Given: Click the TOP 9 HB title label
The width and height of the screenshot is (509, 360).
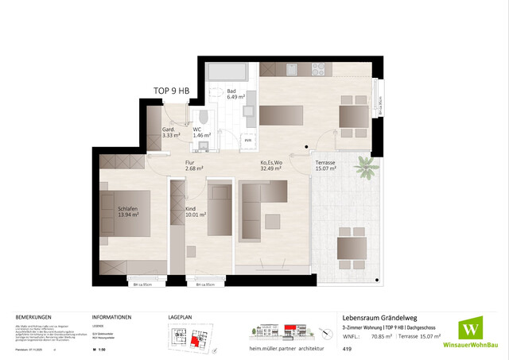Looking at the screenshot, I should (170, 91).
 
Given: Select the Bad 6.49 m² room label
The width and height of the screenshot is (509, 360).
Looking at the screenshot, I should (231, 95).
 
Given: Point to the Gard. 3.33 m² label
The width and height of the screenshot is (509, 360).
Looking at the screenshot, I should (170, 133).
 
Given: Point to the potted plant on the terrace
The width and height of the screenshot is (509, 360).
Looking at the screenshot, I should (367, 168).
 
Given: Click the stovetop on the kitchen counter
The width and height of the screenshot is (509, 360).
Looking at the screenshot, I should (317, 69).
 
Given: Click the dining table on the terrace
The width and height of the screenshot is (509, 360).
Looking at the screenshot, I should (350, 249).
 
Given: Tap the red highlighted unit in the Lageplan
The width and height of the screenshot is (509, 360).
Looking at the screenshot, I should (194, 340).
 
